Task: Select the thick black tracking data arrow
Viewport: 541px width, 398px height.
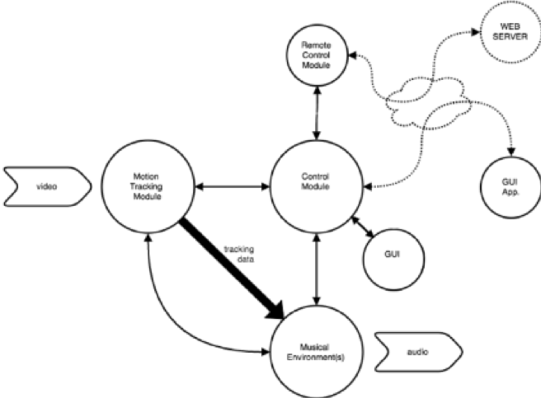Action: pyautogui.click(x=232, y=269)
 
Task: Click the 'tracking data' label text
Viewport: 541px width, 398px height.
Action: pyautogui.click(x=239, y=254)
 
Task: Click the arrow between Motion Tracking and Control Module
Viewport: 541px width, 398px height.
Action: pyautogui.click(x=233, y=186)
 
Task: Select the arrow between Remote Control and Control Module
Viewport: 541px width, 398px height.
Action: pyautogui.click(x=317, y=113)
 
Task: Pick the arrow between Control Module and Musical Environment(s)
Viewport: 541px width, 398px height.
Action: pyautogui.click(x=317, y=269)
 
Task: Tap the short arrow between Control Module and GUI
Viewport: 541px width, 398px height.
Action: pyautogui.click(x=362, y=227)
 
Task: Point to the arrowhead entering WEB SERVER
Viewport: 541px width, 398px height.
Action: pyautogui.click(x=476, y=32)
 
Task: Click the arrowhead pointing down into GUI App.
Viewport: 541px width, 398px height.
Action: pyautogui.click(x=511, y=152)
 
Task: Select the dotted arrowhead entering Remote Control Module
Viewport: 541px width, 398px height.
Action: pyautogui.click(x=352, y=55)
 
